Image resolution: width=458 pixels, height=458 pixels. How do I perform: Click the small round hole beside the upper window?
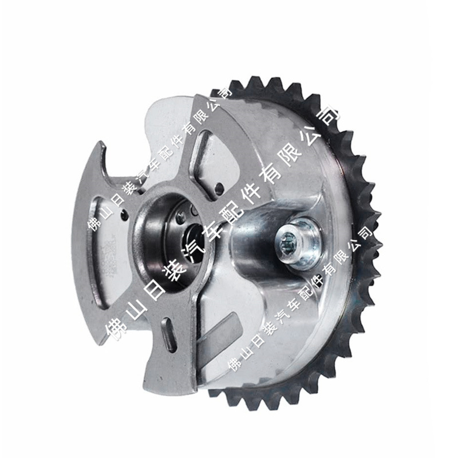pyautogui.click(x=219, y=188)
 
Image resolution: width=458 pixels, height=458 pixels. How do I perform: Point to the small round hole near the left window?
pyautogui.click(x=124, y=215)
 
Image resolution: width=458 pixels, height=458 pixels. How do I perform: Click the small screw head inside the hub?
pyautogui.click(x=181, y=216)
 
